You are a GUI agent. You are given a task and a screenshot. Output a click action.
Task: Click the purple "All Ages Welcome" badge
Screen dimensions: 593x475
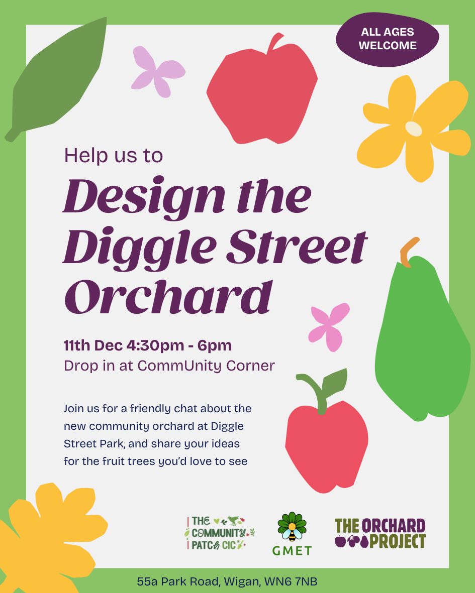pos(388,39)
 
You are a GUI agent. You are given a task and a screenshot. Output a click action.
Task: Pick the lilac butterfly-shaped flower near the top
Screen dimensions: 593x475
pos(157,72)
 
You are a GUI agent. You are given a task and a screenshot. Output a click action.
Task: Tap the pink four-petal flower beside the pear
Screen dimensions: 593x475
pos(329,326)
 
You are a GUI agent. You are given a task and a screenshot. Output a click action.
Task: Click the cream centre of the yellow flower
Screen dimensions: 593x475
pos(414,129)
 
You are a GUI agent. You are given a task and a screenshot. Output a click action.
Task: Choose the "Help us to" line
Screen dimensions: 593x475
pos(114,155)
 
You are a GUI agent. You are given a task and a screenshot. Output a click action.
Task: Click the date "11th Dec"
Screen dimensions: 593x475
pos(90,345)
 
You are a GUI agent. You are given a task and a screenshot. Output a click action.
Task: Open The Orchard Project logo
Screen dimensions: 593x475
pos(380,533)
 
